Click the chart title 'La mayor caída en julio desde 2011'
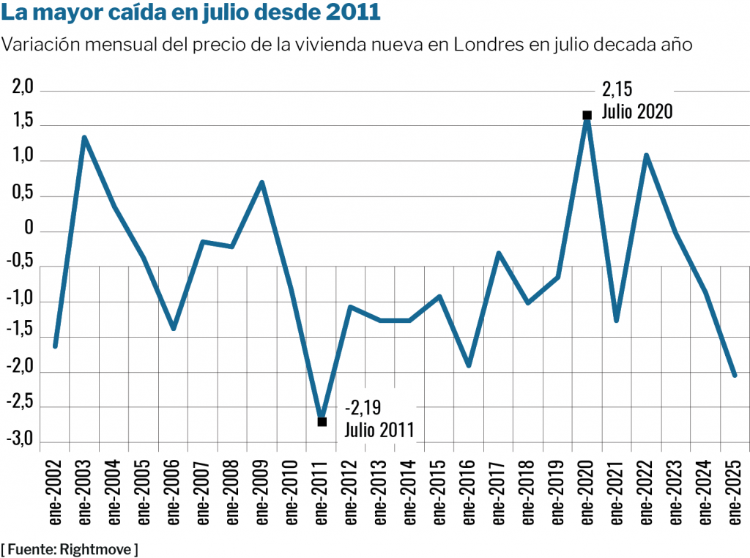[192, 13]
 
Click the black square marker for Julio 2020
[587, 115]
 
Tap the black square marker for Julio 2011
[322, 421]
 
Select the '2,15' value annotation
[617, 90]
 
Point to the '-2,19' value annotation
[363, 407]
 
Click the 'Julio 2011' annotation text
[379, 430]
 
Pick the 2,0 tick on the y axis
[24, 89]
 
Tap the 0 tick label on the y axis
[29, 229]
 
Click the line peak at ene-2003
[84, 137]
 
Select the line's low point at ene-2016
[469, 365]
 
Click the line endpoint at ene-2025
[735, 376]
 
